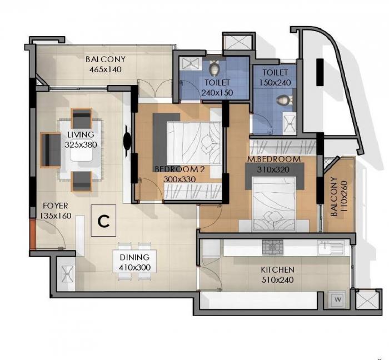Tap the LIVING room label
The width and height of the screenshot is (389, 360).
[x=81, y=134]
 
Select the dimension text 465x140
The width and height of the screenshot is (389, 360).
[x=106, y=69]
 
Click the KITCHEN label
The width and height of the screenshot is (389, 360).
[x=277, y=270]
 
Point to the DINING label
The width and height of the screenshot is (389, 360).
[x=134, y=257]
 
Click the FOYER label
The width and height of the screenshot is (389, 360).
[x=55, y=206]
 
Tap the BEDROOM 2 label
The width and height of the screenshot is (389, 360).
[x=177, y=169]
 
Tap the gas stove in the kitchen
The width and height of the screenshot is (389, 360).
[x=272, y=247]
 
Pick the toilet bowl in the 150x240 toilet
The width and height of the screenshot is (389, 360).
[x=284, y=100]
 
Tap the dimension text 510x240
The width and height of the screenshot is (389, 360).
[x=277, y=279]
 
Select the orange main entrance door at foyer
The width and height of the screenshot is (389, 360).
[x=34, y=234]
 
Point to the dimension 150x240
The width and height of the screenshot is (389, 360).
[x=276, y=82]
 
